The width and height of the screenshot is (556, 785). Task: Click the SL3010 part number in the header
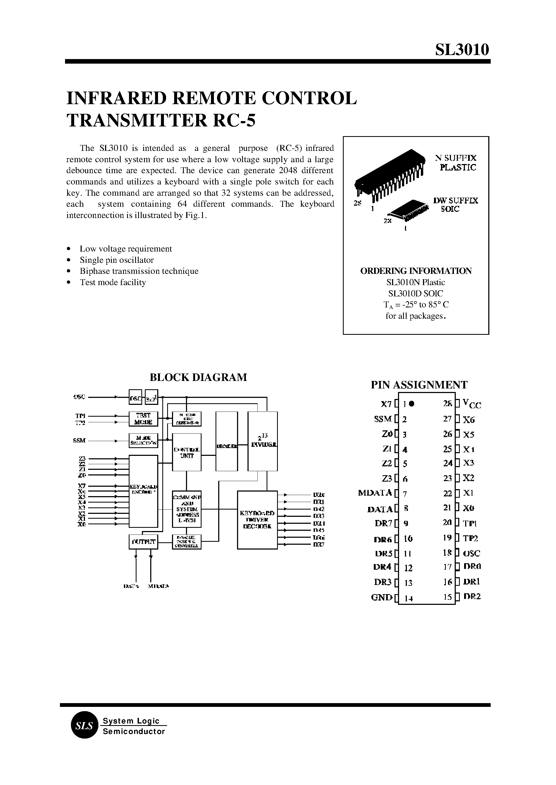[x=462, y=50]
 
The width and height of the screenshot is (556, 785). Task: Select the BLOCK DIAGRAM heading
[x=198, y=377]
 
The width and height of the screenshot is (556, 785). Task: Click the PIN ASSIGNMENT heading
[x=419, y=385]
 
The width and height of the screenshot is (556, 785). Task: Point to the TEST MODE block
[x=143, y=419]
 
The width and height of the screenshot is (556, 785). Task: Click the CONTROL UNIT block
[x=186, y=452]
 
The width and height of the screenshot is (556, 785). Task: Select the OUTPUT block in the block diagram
[x=144, y=542]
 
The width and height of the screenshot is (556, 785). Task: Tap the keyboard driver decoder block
[x=257, y=520]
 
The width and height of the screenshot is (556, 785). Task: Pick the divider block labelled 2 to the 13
[x=262, y=441]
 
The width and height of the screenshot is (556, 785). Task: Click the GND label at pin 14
[x=381, y=598]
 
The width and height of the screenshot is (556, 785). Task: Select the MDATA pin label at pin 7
[x=375, y=493]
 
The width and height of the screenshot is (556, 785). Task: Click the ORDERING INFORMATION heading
[x=416, y=271]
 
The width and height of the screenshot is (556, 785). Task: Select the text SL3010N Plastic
[x=416, y=282]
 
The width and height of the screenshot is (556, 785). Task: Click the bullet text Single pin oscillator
[x=116, y=260]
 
